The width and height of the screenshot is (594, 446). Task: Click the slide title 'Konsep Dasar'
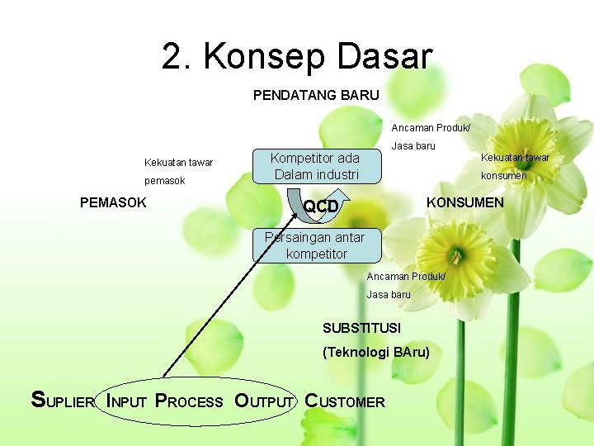click(x=318, y=57)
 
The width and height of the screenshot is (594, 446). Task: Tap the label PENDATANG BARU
click(x=316, y=95)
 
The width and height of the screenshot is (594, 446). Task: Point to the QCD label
click(x=322, y=206)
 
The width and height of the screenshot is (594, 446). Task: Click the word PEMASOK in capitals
click(x=113, y=202)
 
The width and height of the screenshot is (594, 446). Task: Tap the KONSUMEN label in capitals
click(x=464, y=202)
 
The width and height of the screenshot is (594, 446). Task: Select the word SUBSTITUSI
click(x=361, y=328)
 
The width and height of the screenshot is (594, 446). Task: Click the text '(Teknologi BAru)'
click(x=375, y=352)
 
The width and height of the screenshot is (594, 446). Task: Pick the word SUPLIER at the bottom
click(x=63, y=401)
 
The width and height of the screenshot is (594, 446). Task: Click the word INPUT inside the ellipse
click(x=126, y=401)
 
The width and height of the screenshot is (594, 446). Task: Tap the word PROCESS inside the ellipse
click(x=189, y=401)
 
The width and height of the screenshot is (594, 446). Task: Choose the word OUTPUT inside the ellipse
click(x=264, y=401)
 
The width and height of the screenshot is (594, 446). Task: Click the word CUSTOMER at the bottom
click(x=345, y=401)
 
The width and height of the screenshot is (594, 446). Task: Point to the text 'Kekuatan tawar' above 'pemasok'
click(x=178, y=162)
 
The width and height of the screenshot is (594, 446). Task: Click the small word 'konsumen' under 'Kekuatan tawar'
click(x=503, y=176)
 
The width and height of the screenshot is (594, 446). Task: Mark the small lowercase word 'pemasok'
click(x=164, y=181)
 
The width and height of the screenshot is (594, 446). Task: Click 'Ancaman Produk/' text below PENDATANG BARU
click(x=431, y=128)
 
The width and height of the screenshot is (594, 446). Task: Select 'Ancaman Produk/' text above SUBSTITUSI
click(x=406, y=276)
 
